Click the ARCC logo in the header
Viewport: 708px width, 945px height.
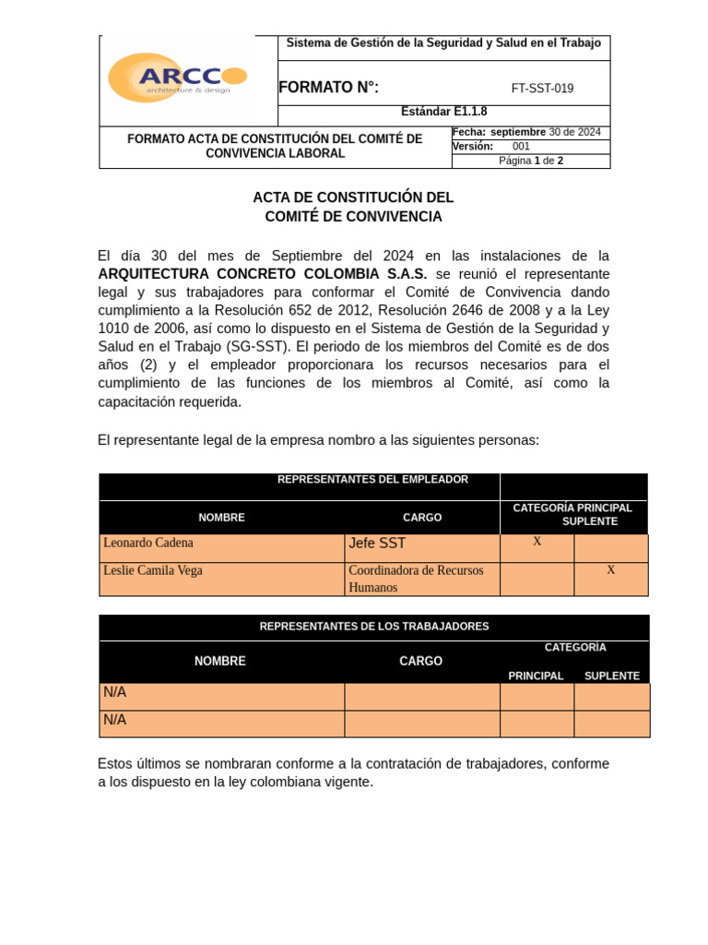(x=177, y=78)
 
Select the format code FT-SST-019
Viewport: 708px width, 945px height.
(x=542, y=89)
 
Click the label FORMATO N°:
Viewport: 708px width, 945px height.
(x=328, y=88)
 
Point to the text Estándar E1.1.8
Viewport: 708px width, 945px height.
(x=443, y=112)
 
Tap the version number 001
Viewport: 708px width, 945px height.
(x=521, y=147)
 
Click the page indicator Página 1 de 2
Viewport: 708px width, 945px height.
(x=531, y=161)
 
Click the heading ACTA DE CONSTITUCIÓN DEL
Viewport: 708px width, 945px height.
(x=353, y=197)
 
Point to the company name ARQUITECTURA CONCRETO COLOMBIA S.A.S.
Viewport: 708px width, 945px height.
(x=263, y=274)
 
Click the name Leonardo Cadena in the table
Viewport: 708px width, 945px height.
(x=148, y=543)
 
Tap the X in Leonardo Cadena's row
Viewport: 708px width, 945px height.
(x=537, y=542)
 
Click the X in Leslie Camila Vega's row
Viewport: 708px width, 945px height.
(x=610, y=570)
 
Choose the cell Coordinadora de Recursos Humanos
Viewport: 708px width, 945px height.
(x=416, y=579)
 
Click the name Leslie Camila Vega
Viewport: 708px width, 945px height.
(x=153, y=570)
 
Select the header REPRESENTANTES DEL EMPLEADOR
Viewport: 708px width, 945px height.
(x=372, y=480)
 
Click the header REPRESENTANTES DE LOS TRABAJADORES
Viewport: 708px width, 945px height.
(x=374, y=627)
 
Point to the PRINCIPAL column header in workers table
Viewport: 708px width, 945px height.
(x=536, y=676)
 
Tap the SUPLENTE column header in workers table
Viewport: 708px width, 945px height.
(x=611, y=676)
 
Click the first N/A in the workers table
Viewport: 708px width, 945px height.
(x=115, y=692)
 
